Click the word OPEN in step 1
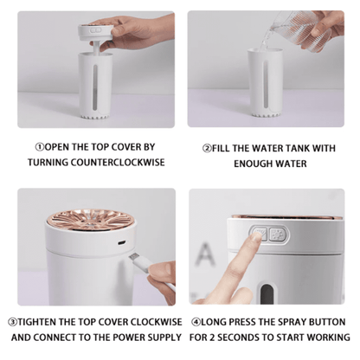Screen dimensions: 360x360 (55, 148)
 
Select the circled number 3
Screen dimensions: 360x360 (11, 322)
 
